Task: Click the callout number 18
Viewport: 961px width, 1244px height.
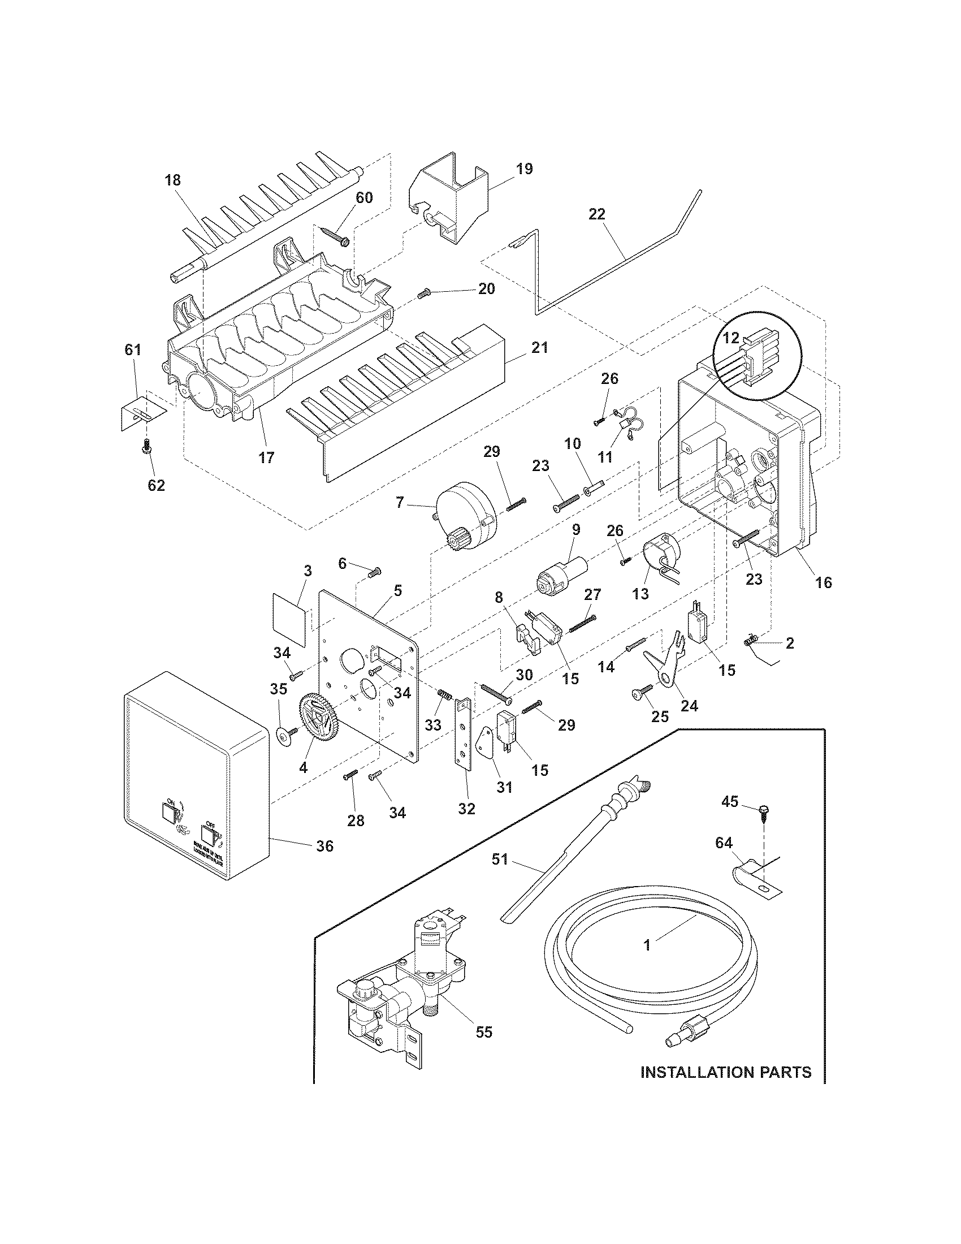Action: tap(172, 180)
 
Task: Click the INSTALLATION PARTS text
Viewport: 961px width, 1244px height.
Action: tap(726, 1088)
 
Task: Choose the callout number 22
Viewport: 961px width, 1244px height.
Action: tap(597, 214)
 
